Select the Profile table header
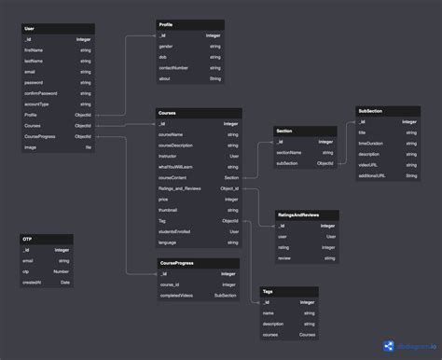(166, 24)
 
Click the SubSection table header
(370, 111)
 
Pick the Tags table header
(268, 292)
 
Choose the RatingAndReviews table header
(297, 215)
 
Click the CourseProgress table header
(177, 263)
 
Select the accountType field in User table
(36, 104)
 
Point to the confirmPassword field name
(40, 93)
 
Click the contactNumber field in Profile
(176, 68)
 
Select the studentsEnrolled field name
(175, 231)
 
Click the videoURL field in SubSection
(368, 165)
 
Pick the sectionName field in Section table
(289, 152)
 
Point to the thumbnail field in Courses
(169, 210)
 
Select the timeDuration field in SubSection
(371, 144)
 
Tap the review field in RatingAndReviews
(284, 258)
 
